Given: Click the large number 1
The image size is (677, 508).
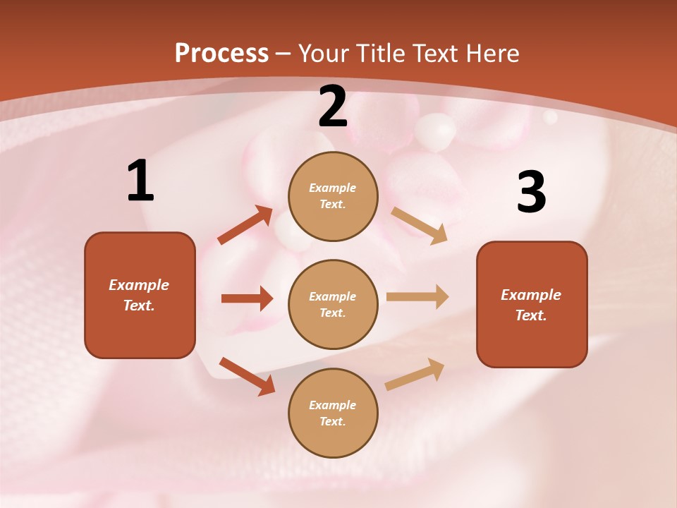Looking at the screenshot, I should [x=140, y=181].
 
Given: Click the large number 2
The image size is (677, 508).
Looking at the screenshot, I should [x=333, y=107].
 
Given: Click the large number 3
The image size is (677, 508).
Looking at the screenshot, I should [x=531, y=192].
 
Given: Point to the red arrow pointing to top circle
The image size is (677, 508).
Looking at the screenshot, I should [x=245, y=225].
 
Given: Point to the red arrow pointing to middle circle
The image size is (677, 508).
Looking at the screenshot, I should [x=247, y=298].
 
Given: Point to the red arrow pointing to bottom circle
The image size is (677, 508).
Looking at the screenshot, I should [x=247, y=376].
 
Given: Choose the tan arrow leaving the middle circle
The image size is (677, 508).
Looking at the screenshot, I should [x=417, y=296].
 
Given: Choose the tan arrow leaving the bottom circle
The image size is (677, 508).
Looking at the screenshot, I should [x=415, y=375].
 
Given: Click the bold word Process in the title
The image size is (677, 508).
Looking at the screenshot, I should [x=221, y=53].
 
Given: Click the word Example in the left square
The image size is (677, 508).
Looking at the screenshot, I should [x=139, y=285].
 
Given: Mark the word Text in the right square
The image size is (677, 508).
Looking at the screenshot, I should [x=530, y=315].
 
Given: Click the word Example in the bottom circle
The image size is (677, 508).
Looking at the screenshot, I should [x=333, y=405].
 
